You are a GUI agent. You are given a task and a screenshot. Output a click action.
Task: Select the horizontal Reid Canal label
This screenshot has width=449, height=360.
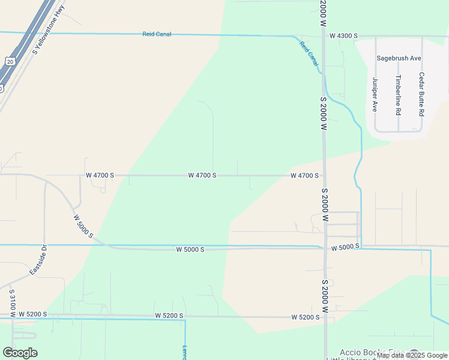(157, 34)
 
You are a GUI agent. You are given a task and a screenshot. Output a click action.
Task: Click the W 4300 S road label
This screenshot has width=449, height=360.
(343, 36)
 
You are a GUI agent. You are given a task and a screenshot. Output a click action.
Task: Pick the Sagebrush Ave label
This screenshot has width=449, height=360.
(399, 58)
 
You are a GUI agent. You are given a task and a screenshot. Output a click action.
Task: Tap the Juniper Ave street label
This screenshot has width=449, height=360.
(375, 95)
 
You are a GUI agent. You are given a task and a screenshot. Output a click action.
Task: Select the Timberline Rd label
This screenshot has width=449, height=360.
(398, 95)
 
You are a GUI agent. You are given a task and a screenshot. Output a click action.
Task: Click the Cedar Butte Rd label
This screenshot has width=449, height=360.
(421, 94)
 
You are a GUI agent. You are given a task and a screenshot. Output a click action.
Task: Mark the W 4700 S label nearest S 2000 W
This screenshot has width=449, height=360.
(304, 176)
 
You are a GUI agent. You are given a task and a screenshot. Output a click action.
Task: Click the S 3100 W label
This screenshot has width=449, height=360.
(11, 304)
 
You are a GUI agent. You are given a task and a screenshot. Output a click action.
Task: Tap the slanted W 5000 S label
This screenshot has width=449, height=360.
(83, 226)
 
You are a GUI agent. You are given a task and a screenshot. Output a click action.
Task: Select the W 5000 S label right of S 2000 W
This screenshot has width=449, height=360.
(345, 247)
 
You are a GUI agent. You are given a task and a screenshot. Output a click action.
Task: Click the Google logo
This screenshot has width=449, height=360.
(20, 353)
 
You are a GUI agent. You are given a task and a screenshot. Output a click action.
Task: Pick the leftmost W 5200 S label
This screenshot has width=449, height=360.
(32, 314)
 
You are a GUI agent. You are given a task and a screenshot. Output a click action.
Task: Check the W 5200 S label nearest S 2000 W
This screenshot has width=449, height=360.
(306, 317)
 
